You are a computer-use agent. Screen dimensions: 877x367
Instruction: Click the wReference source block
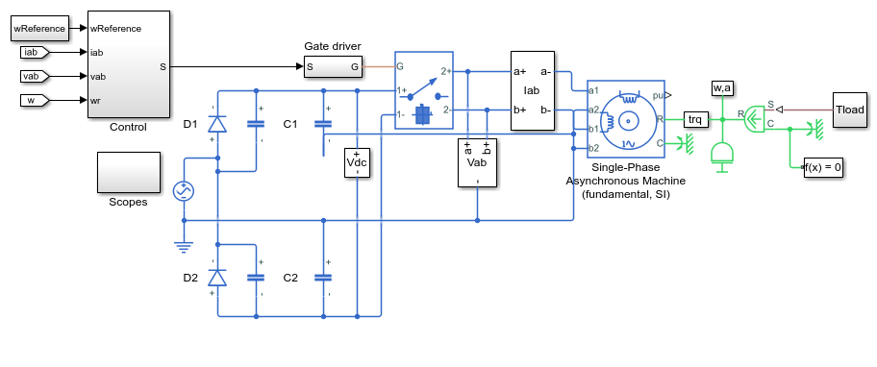click(39, 29)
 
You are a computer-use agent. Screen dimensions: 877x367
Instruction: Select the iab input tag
click(35, 53)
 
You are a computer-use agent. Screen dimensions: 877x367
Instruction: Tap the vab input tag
click(35, 76)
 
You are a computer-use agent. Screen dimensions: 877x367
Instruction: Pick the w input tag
click(35, 101)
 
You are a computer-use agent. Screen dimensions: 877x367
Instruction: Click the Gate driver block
click(333, 67)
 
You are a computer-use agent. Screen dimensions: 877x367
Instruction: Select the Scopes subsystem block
click(129, 173)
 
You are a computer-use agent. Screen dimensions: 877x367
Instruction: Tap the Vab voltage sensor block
click(477, 162)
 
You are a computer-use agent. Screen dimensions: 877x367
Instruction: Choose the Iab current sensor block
click(533, 90)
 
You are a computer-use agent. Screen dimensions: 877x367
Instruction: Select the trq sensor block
click(696, 119)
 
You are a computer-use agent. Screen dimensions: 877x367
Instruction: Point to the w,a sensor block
click(722, 87)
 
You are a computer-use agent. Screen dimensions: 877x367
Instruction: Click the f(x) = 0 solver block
click(823, 167)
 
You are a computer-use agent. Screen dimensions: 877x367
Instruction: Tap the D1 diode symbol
click(217, 123)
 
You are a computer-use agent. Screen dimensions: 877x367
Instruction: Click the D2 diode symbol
click(217, 277)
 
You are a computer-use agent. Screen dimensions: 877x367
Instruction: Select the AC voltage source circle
click(184, 191)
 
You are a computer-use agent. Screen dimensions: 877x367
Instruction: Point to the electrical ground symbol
click(184, 247)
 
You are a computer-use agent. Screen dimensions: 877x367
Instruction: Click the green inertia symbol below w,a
click(722, 157)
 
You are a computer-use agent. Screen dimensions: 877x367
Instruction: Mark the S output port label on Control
click(163, 67)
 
